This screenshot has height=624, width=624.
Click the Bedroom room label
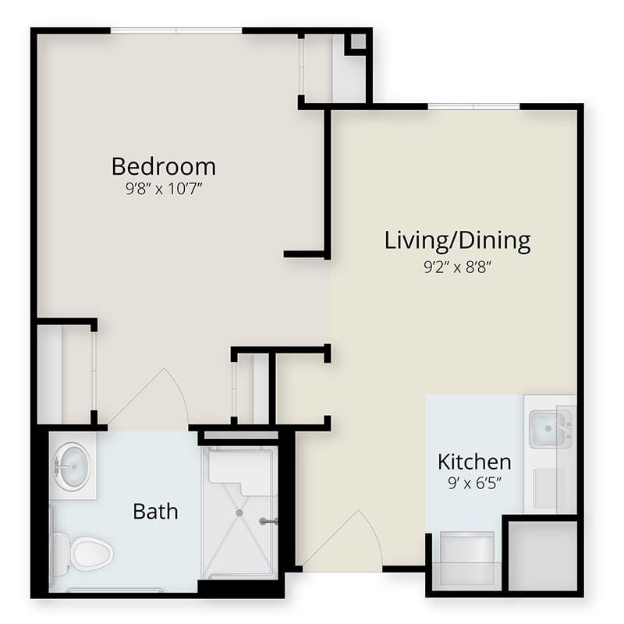[164, 167]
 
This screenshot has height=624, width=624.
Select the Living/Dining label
[458, 241]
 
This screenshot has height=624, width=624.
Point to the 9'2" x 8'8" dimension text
[456, 267]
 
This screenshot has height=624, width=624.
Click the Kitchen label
[474, 462]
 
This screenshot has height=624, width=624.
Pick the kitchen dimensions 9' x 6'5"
[474, 483]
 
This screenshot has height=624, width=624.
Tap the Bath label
[155, 512]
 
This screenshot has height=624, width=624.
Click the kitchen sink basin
[548, 430]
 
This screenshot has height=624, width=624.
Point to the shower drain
[239, 513]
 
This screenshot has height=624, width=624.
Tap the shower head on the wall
[268, 521]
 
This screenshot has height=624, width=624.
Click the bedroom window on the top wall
[176, 30]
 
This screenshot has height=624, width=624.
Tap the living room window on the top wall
[473, 106]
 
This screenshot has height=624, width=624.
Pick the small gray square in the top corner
[359, 41]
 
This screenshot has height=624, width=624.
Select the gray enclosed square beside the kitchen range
[542, 555]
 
